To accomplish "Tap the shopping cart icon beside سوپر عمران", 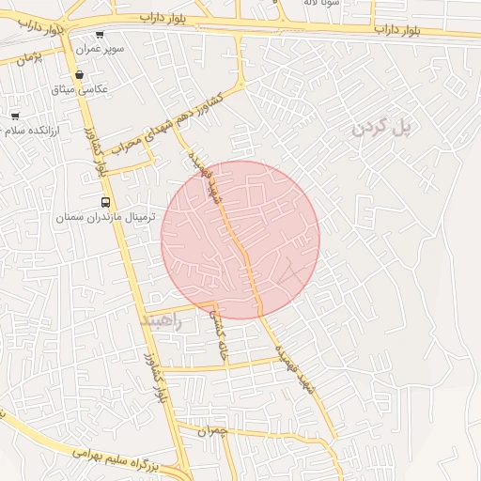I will point(100,35).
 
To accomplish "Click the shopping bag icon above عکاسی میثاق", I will point(80,75).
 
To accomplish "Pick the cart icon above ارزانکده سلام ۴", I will point(14,116).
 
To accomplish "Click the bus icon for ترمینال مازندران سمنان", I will point(105,203).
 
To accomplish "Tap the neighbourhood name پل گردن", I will point(383,127).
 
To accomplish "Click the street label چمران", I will point(213,431).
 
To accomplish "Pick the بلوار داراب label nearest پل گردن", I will point(411,30).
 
